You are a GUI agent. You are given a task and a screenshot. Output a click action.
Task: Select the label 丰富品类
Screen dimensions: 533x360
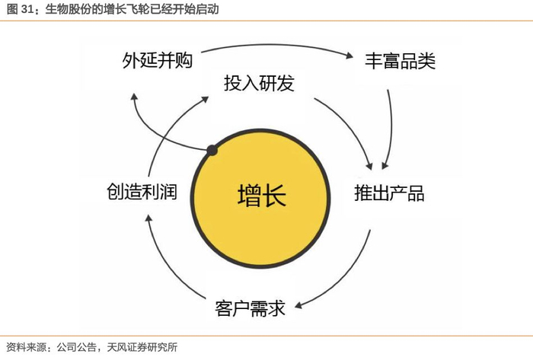(x=401, y=61)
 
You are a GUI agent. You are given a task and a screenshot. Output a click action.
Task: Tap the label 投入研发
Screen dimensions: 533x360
(x=259, y=83)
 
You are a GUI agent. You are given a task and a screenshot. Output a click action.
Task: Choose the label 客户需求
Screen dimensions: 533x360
(x=251, y=308)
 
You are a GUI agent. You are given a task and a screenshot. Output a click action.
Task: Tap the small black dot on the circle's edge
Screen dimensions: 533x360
(x=212, y=150)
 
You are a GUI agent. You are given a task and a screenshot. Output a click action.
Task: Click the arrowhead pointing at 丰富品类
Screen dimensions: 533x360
(x=351, y=57)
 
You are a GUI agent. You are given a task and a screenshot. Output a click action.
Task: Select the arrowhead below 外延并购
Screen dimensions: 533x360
(x=134, y=97)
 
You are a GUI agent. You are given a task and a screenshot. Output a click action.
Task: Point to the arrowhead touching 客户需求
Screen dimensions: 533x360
(x=299, y=306)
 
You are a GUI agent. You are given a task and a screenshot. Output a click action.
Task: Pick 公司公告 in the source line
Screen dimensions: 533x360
(x=75, y=347)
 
